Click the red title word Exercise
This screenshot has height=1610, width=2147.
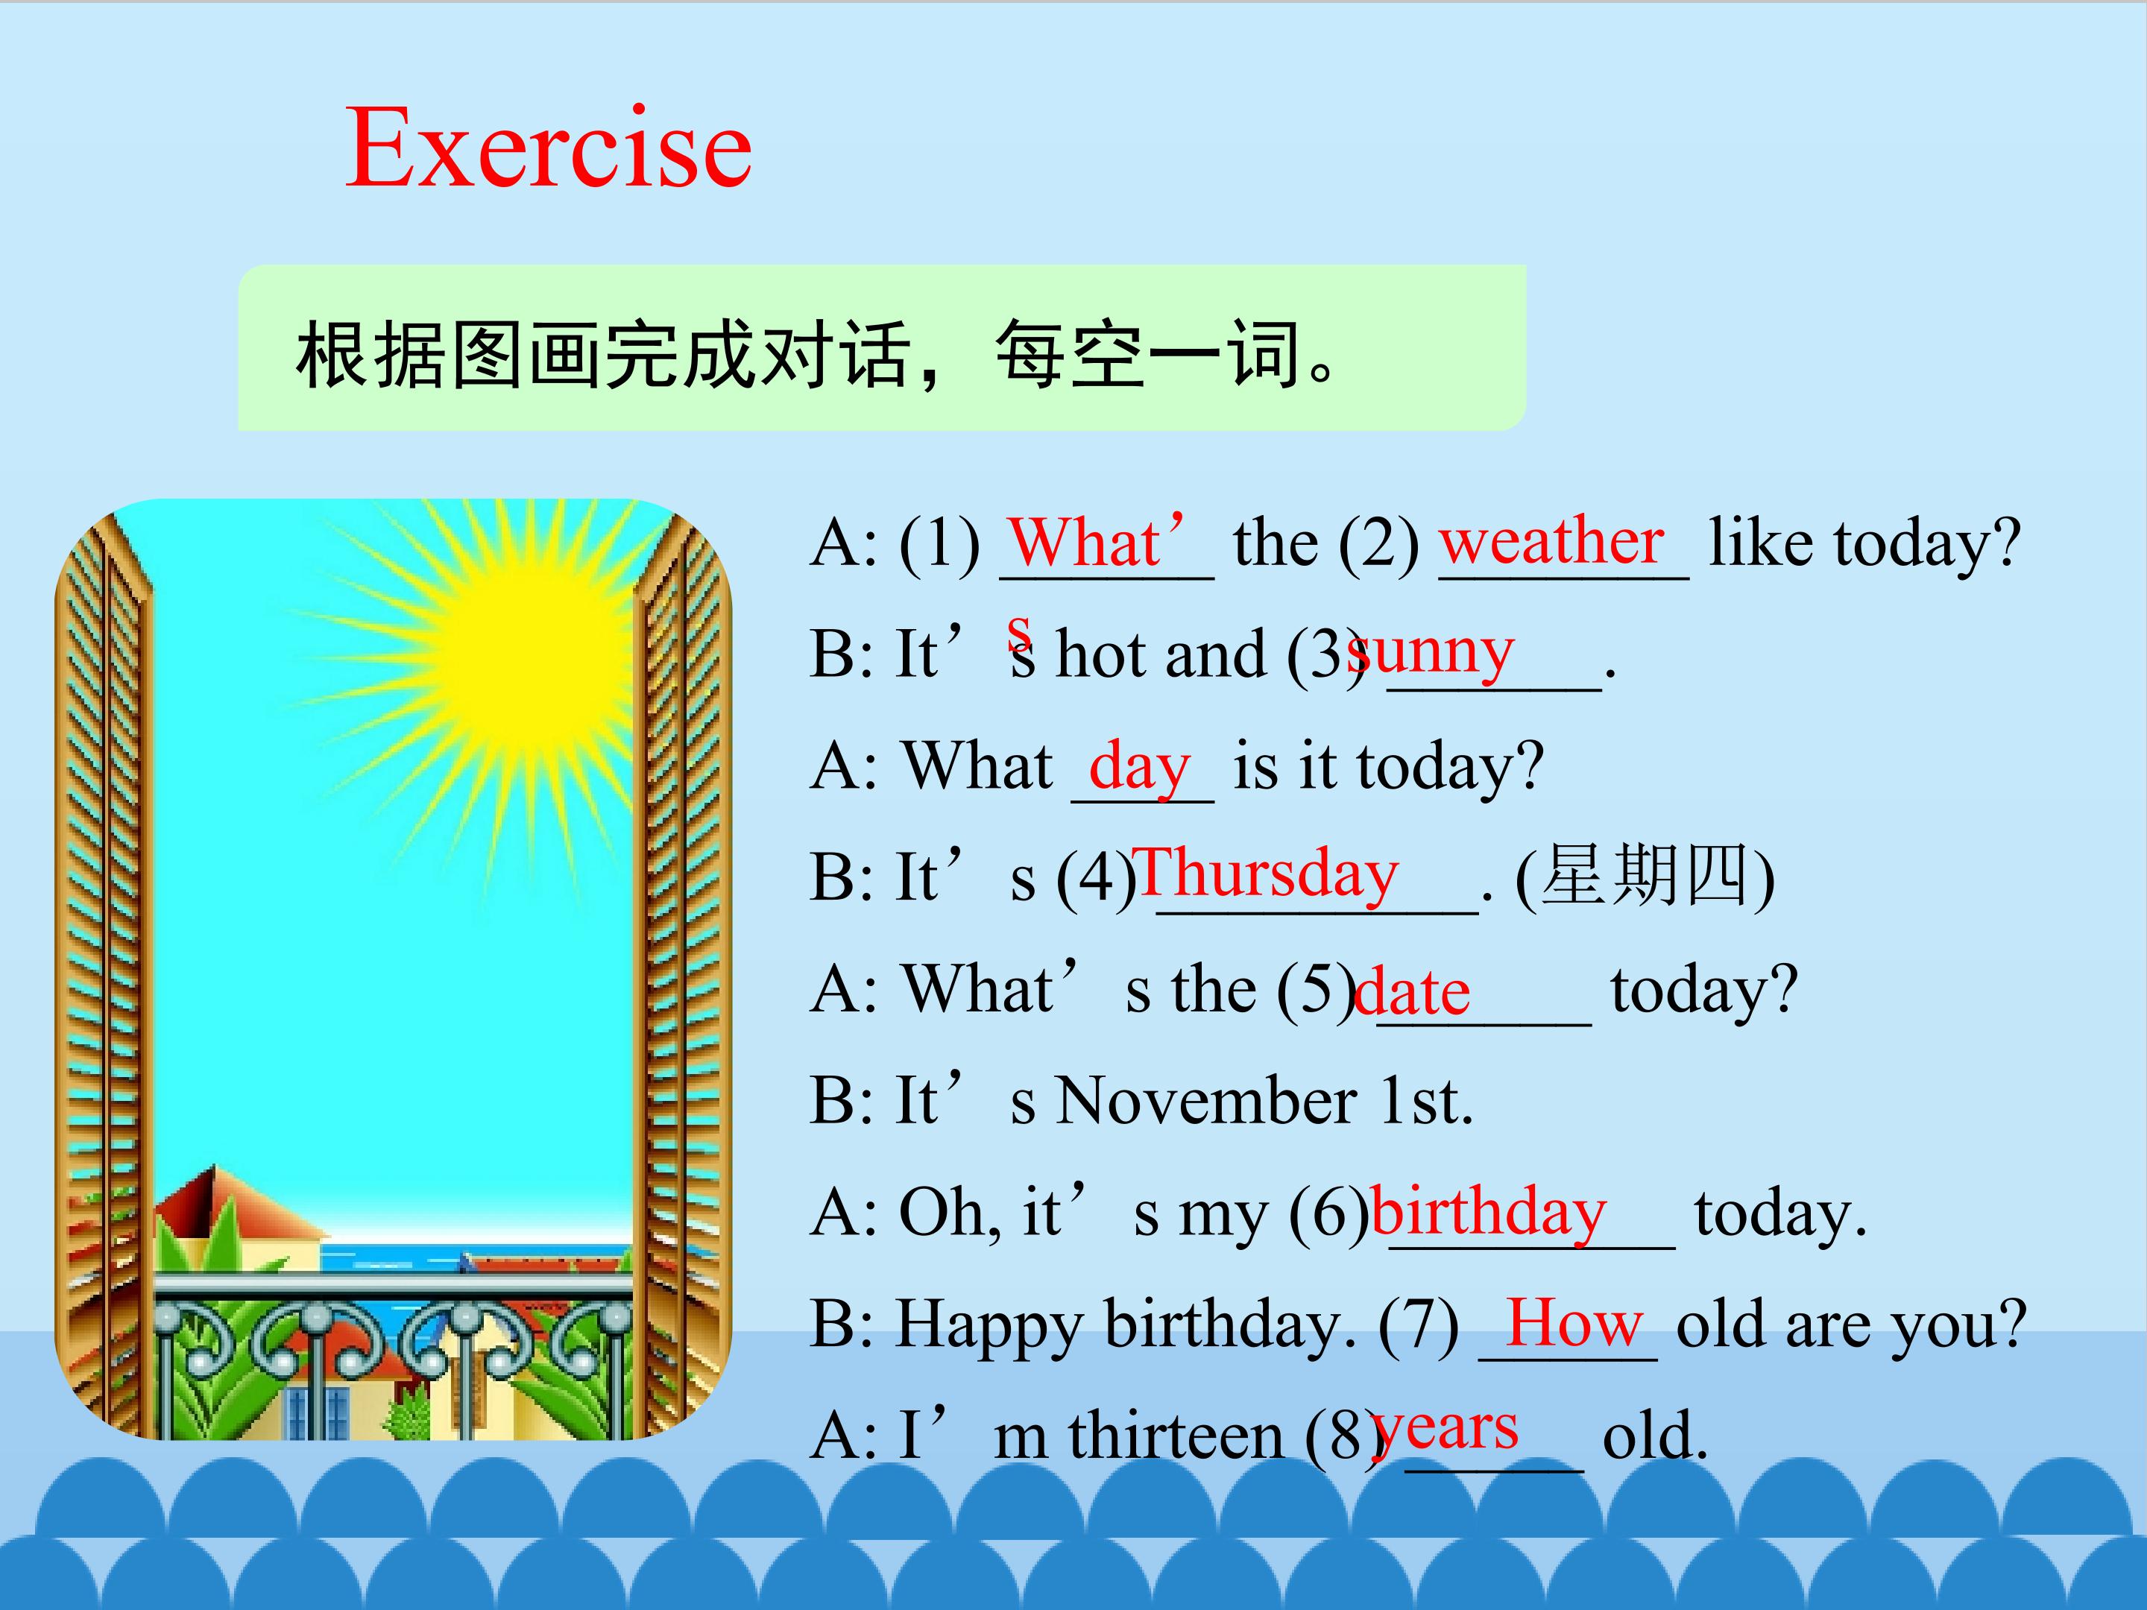tap(549, 148)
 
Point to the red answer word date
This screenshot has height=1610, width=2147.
tap(1411, 992)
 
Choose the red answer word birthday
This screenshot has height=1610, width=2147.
tap(1489, 1213)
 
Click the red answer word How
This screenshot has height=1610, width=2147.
tap(1574, 1323)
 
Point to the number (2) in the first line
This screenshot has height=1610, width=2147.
tap(1378, 543)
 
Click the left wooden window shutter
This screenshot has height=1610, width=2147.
tap(104, 970)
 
